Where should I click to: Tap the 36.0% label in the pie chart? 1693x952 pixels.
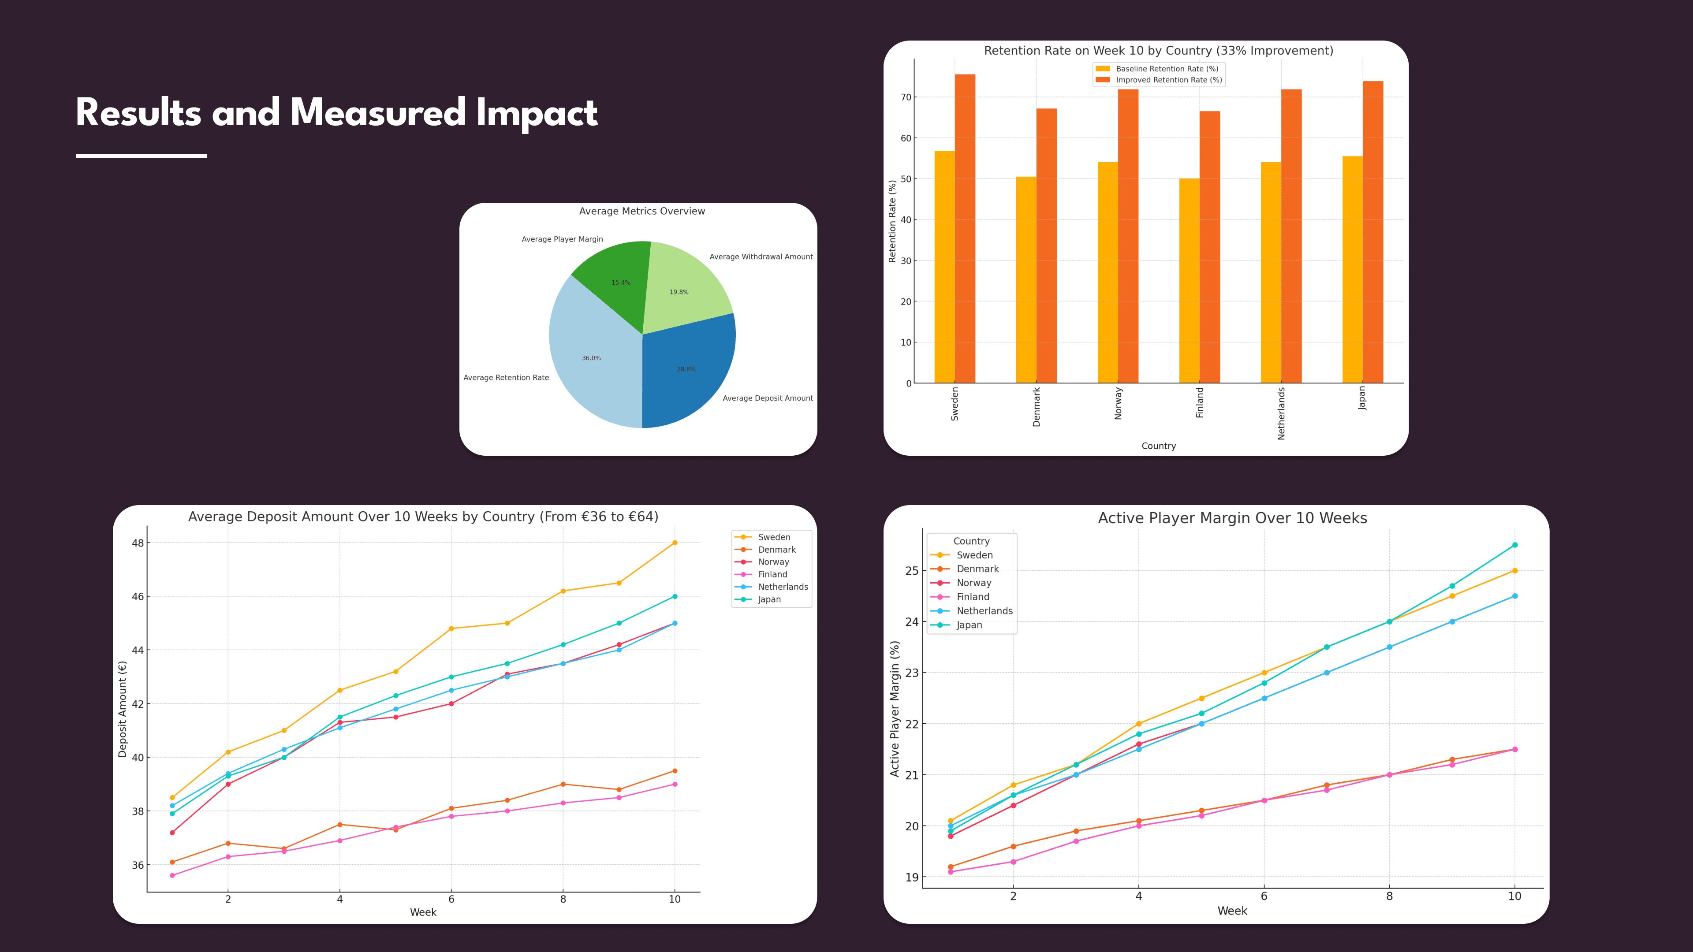[591, 358]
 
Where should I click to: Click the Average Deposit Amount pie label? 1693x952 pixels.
[767, 398]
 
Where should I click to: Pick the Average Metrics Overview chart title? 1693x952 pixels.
[641, 211]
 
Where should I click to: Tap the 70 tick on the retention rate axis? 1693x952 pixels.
[906, 97]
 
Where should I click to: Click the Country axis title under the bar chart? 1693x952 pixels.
[1158, 446]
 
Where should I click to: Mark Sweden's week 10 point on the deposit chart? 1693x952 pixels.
[674, 543]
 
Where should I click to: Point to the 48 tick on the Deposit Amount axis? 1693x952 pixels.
[138, 543]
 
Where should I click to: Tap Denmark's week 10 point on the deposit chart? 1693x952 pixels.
[674, 771]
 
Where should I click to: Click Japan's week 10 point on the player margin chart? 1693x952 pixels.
[1514, 545]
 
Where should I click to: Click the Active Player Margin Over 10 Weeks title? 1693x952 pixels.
[1232, 518]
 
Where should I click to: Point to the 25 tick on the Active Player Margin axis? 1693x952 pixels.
[912, 570]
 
